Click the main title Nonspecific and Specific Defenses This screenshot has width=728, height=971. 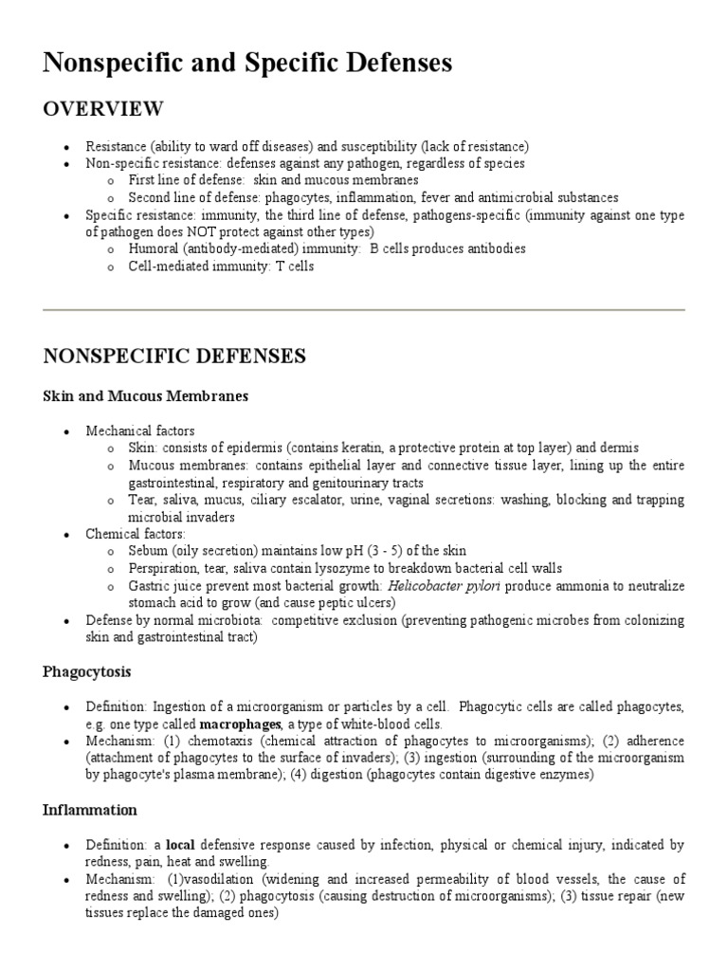coord(248,64)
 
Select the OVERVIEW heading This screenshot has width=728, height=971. coord(103,109)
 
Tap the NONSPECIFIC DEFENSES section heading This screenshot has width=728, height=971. coord(173,357)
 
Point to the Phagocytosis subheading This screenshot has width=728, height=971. coord(87,671)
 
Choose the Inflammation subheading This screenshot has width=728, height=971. coord(90,810)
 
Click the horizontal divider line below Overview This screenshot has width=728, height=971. coord(364,310)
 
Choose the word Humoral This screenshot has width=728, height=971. coord(153,248)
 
